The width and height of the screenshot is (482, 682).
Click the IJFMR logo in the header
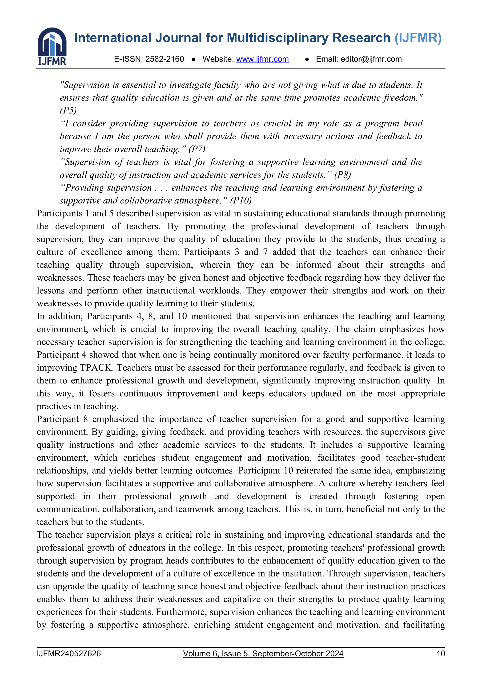[x=52, y=46]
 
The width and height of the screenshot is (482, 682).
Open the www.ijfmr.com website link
[x=262, y=59]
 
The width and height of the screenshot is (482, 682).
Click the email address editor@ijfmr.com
[x=371, y=59]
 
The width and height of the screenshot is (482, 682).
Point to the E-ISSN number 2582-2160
[x=165, y=59]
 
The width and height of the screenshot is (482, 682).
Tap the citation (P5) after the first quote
[x=68, y=110]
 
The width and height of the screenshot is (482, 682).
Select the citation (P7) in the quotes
[x=197, y=149]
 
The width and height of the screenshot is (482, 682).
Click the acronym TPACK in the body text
[x=96, y=368]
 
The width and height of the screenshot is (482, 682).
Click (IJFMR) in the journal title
[x=418, y=38]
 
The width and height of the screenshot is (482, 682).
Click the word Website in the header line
[x=218, y=59]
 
